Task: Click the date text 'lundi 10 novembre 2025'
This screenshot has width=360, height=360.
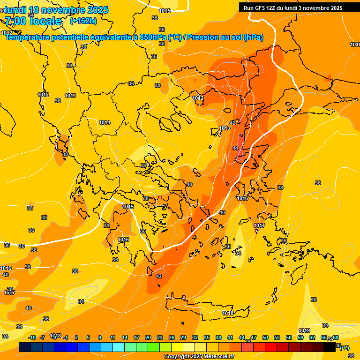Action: click(x=56, y=10)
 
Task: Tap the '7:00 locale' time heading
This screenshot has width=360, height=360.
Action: click(x=33, y=21)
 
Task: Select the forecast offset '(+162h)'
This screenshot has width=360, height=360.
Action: click(x=83, y=21)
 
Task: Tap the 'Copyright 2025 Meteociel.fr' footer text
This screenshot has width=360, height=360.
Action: click(x=199, y=357)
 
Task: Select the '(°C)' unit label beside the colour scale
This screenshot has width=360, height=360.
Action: click(x=344, y=348)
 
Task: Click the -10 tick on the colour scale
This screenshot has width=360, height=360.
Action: click(x=31, y=337)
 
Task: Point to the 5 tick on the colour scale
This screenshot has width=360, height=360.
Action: click(x=88, y=337)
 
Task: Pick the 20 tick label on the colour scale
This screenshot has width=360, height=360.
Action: click(x=148, y=337)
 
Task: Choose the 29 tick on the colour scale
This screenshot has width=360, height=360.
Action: click(x=183, y=337)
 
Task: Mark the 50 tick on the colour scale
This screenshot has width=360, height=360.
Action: click(x=265, y=337)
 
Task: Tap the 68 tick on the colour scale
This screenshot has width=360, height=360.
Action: click(x=336, y=337)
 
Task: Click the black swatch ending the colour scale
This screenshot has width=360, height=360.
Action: click(x=330, y=347)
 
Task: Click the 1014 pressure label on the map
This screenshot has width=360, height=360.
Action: click(x=105, y=122)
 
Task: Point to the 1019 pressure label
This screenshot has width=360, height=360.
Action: click(x=304, y=330)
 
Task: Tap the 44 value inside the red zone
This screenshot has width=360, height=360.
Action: click(x=235, y=148)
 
